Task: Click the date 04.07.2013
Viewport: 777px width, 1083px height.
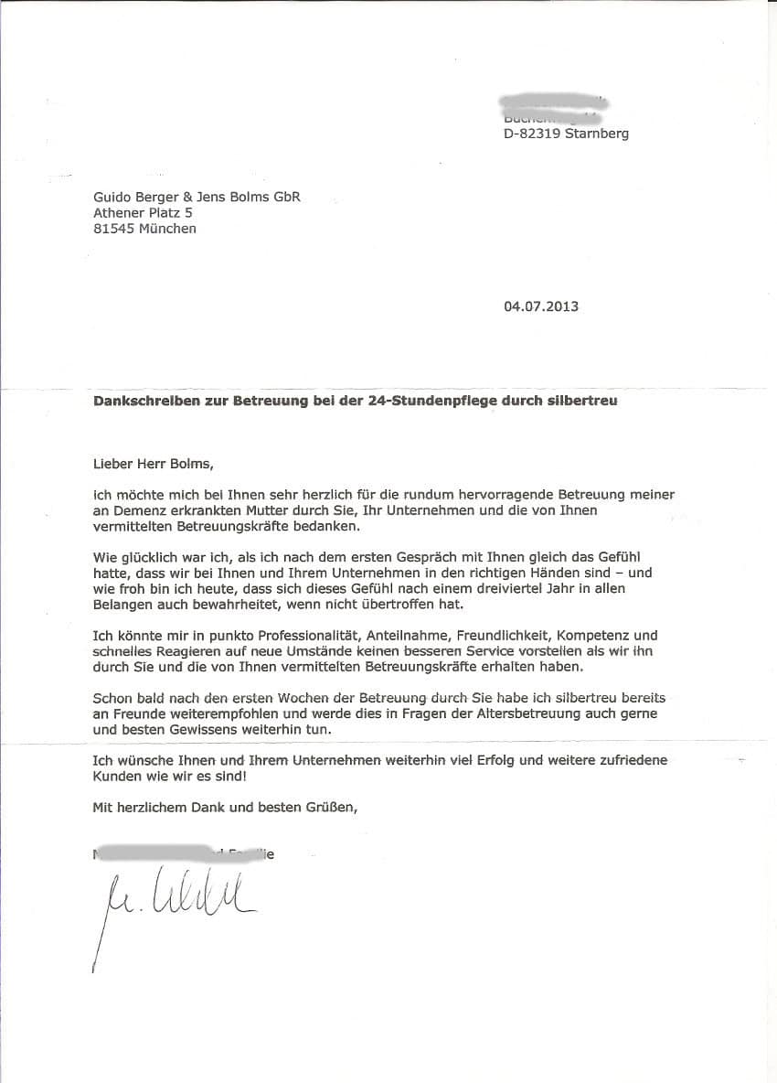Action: pyautogui.click(x=540, y=306)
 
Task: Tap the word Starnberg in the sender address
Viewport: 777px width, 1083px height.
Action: pyautogui.click(x=597, y=134)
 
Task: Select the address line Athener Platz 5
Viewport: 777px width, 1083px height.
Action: pyautogui.click(x=143, y=212)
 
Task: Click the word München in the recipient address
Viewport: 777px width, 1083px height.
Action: pyautogui.click(x=168, y=229)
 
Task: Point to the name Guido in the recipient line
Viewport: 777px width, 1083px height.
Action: pyautogui.click(x=112, y=196)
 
